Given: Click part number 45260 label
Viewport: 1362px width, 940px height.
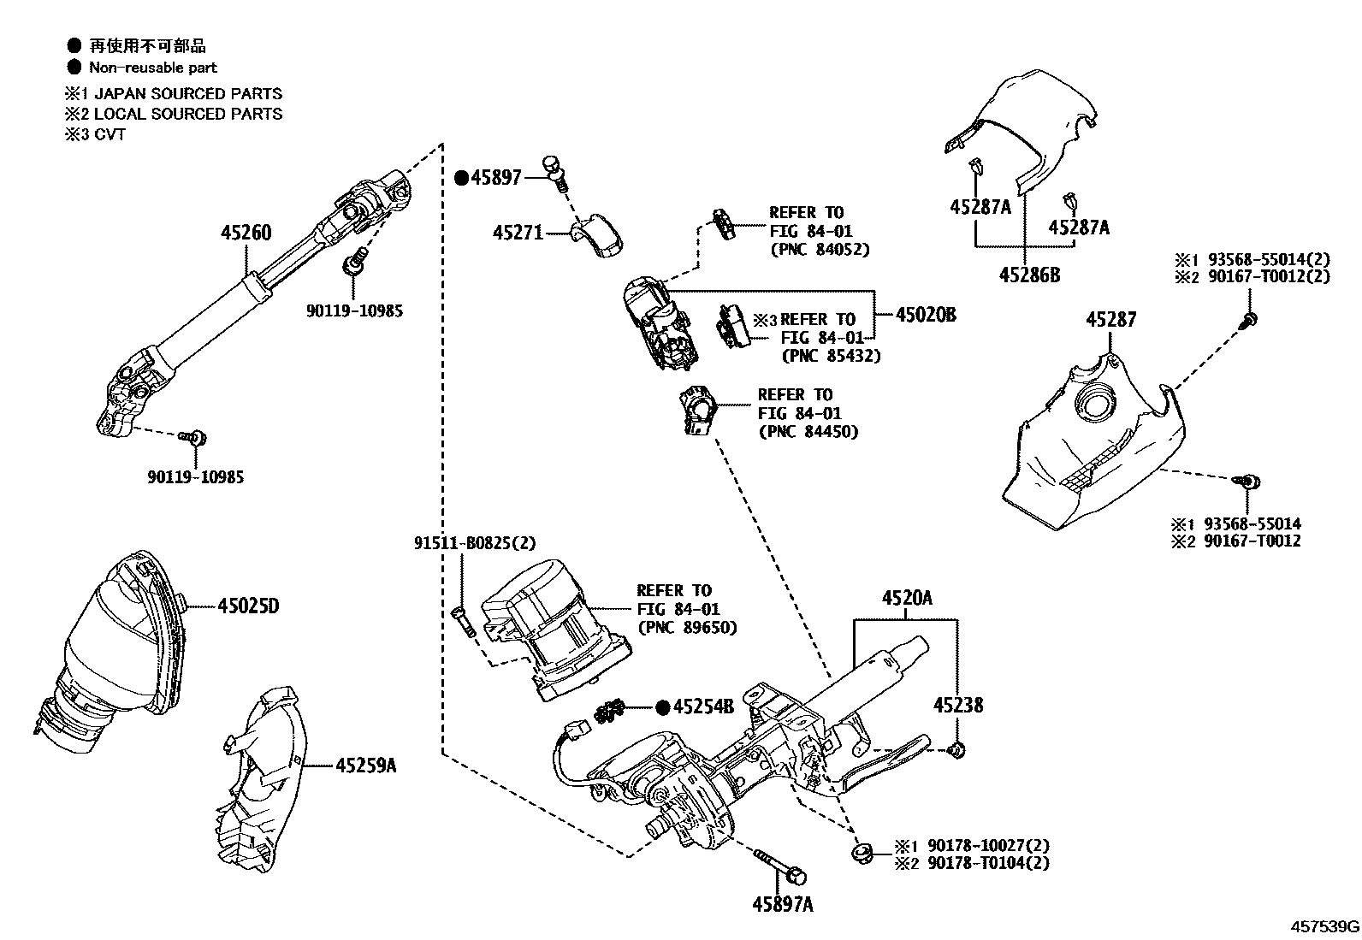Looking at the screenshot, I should [246, 232].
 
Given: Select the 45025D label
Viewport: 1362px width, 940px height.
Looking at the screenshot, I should [248, 606].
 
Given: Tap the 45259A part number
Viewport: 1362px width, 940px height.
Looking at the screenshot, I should [365, 766].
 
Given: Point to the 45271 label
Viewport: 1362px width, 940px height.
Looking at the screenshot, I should [518, 232].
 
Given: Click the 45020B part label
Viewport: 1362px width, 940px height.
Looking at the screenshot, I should [926, 315].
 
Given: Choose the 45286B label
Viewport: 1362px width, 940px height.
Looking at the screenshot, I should [1030, 275].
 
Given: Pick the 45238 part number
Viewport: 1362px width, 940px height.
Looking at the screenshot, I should [957, 705].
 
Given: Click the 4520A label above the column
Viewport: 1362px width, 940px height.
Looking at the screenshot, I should [907, 598].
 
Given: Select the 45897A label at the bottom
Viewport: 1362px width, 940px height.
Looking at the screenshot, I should [784, 903].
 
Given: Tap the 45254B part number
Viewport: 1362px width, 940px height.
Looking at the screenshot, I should [703, 707].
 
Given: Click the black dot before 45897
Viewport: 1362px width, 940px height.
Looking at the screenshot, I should [461, 178].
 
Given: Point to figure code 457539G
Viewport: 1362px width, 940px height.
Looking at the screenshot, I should [1325, 926].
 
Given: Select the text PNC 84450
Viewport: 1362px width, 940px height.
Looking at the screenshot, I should [808, 432].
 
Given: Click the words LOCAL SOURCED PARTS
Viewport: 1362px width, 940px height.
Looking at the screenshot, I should [187, 113].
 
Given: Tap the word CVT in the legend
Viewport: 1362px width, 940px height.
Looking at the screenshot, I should [110, 134].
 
